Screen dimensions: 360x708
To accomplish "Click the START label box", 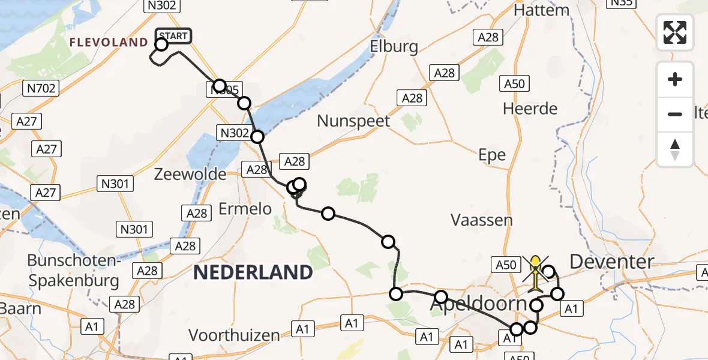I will click(174, 36).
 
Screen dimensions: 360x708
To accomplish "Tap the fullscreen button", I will click(675, 32).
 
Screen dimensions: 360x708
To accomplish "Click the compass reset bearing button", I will click(675, 149).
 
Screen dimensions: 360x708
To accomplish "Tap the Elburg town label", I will click(394, 46).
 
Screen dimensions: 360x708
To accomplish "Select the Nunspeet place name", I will click(353, 121).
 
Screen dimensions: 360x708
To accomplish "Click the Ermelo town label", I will click(245, 209).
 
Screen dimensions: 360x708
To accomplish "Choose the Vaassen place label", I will click(482, 220).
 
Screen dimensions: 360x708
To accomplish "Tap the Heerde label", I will click(530, 109).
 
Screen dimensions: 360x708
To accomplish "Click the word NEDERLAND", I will click(253, 272).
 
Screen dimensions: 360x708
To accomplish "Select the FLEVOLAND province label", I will click(109, 42).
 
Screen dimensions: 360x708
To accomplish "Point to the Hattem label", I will click(541, 10).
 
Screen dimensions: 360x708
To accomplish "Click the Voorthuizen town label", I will click(234, 334).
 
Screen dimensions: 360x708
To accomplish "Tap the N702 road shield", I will click(41, 89).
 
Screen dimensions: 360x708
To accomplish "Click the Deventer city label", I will click(611, 262).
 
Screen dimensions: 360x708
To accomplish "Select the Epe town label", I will click(492, 155).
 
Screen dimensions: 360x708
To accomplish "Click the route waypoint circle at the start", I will click(161, 44).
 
